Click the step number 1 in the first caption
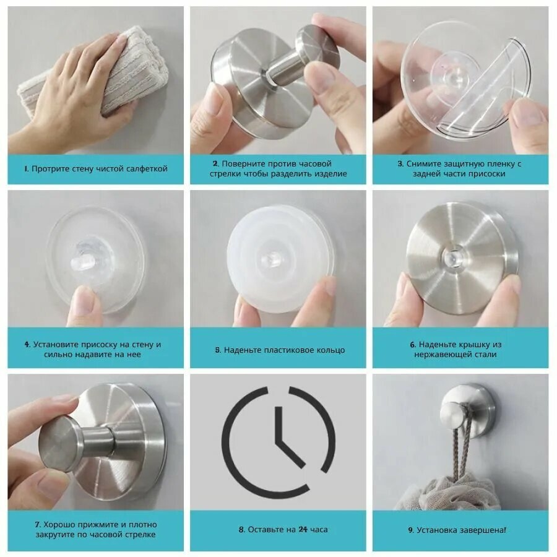coord(26,169)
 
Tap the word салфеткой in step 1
coord(147,169)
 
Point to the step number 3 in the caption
coord(400,164)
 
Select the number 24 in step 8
coord(303,530)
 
